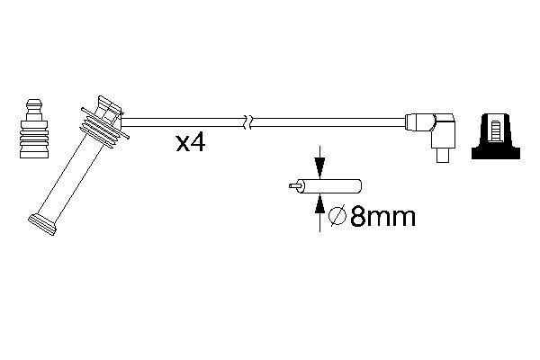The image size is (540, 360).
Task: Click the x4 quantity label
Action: (x=191, y=142)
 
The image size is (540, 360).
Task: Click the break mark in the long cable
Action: (x=249, y=119)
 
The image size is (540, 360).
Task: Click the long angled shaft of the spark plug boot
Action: (x=67, y=175)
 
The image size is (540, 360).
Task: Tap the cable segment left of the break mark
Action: (x=180, y=119)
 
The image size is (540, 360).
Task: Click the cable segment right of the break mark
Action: (x=324, y=119)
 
